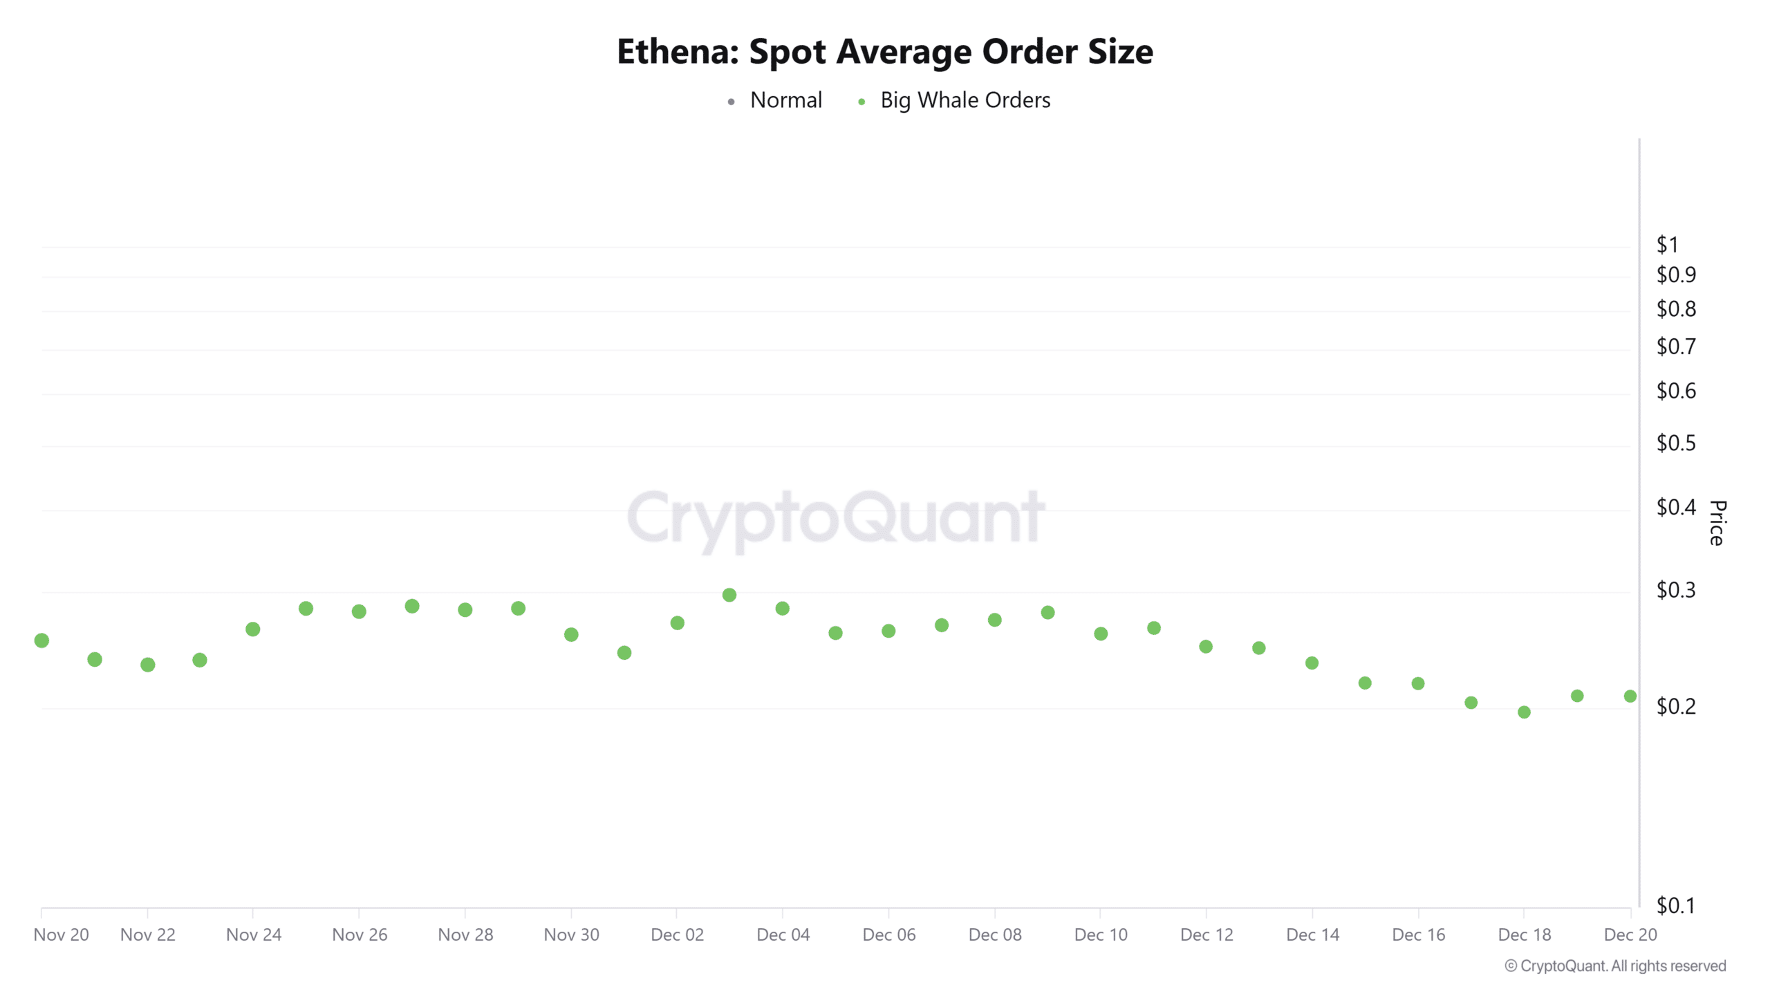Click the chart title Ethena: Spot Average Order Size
[x=884, y=52]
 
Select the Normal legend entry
[x=785, y=100]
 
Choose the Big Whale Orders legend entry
[x=965, y=100]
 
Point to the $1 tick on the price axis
[x=1667, y=244]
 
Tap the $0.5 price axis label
[x=1676, y=443]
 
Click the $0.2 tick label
[x=1676, y=706]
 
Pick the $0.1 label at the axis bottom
[x=1676, y=905]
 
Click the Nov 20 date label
[x=61, y=934]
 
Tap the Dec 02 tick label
[x=677, y=934]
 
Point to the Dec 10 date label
[x=1101, y=934]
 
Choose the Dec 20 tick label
[x=1630, y=934]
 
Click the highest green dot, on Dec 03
[x=729, y=595]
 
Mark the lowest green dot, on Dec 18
[x=1524, y=712]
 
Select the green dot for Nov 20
[x=41, y=640]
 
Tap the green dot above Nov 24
[x=253, y=629]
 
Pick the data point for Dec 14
[x=1312, y=663]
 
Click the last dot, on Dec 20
[x=1630, y=697]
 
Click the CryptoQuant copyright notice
[x=1615, y=966]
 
